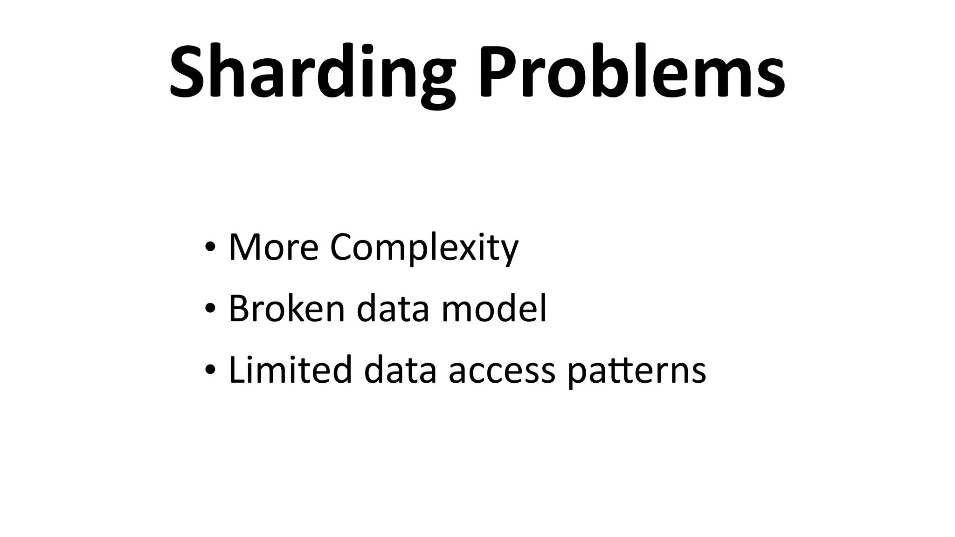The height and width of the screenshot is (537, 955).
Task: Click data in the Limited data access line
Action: coord(400,370)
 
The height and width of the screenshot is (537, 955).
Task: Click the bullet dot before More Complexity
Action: coord(210,247)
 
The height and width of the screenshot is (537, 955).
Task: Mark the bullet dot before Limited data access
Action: coord(210,370)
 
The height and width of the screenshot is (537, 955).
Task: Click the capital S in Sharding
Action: coord(188,72)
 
